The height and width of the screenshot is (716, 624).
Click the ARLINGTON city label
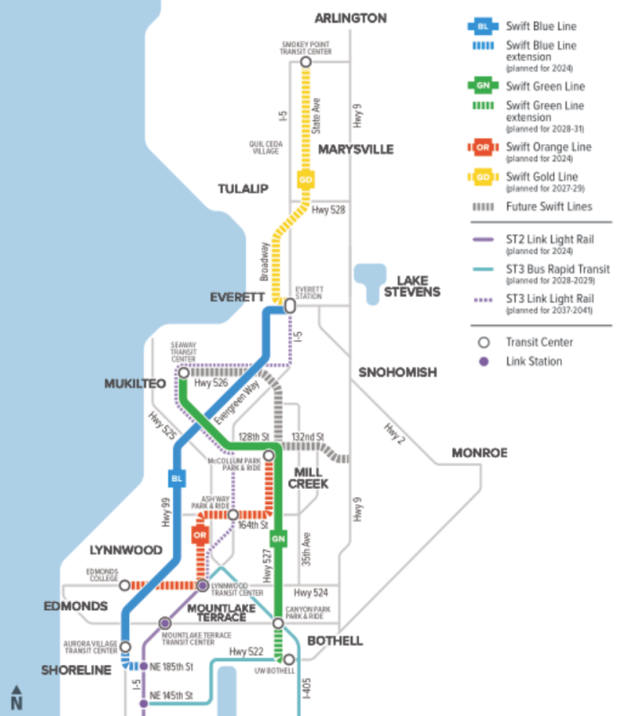coord(351,18)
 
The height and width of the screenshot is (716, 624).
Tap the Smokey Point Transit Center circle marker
coord(306,62)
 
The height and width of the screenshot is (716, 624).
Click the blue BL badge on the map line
coord(177,478)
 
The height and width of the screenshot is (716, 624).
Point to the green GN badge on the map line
coord(279,537)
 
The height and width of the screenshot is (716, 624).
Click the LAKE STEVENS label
coord(412,285)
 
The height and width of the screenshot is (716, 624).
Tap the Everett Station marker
coord(290,305)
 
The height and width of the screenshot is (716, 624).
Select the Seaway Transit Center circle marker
coord(184,372)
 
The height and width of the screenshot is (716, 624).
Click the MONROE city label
coord(479,452)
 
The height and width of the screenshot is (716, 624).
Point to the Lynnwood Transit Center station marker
coord(203,586)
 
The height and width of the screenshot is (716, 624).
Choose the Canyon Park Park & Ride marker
coord(279,623)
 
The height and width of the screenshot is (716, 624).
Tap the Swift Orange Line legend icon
coord(483,146)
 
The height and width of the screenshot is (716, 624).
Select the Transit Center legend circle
coord(483,342)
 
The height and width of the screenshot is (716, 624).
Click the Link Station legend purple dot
coord(483,362)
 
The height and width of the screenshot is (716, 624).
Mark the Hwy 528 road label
coord(328,211)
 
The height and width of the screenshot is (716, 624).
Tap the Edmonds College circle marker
coord(125,585)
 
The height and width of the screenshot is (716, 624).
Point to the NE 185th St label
coord(172,667)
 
